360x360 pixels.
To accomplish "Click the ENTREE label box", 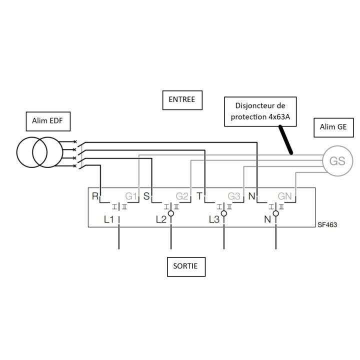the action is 182,100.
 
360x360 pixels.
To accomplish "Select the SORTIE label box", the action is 186,267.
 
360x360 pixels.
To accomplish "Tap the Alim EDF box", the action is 48,121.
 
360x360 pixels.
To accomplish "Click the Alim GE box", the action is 333,127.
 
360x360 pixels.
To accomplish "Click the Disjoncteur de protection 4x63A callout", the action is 260,111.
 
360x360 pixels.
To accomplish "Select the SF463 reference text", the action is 327,225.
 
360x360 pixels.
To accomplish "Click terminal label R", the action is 95,196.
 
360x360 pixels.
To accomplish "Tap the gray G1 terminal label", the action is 131,196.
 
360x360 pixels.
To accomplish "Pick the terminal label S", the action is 146,196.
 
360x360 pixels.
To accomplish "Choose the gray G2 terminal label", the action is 182,196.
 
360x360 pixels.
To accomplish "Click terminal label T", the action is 199,196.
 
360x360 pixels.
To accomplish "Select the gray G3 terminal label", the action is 234,196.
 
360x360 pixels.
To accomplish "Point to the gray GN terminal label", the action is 284,196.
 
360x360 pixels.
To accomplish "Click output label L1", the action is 109,219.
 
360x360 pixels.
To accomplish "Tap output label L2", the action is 161,219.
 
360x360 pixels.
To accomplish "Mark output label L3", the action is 214,219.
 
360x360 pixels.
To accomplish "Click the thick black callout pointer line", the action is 286,140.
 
